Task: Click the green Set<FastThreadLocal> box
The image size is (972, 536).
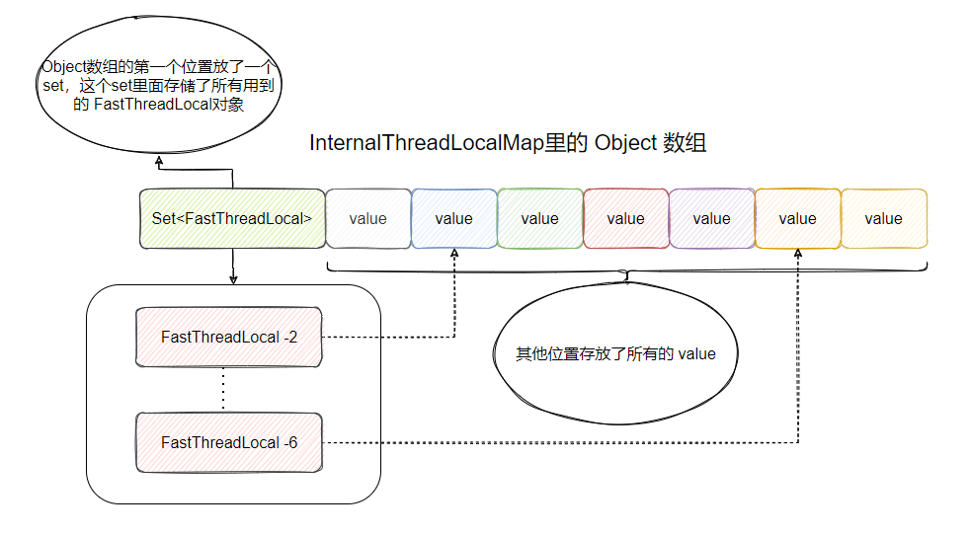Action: tap(232, 218)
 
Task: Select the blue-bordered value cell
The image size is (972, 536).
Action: tap(453, 218)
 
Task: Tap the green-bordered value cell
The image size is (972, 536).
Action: tap(539, 218)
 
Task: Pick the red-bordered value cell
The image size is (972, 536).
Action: tap(625, 218)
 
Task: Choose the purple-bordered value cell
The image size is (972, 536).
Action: tap(711, 218)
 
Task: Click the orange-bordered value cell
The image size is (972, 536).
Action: tap(797, 218)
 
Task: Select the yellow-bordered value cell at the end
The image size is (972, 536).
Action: tap(883, 218)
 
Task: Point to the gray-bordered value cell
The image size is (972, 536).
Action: tap(367, 218)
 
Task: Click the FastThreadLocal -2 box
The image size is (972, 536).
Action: tap(228, 337)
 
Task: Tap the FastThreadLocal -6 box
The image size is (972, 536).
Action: tap(228, 442)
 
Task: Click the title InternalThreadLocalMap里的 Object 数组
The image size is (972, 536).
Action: tap(508, 142)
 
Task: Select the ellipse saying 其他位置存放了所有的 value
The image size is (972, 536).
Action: tap(615, 353)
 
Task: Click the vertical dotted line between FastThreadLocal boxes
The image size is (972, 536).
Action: tap(223, 390)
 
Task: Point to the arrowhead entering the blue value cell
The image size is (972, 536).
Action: tap(454, 253)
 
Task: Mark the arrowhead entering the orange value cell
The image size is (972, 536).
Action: tap(798, 253)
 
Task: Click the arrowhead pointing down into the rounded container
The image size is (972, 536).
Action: tap(233, 279)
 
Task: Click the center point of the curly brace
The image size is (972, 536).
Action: tap(627, 277)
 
